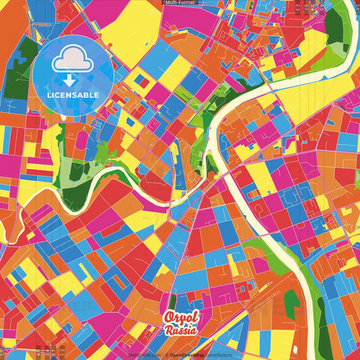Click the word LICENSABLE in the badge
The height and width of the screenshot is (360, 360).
click(72, 94)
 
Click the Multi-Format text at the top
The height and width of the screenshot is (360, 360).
click(180, 3)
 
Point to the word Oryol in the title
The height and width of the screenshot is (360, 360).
click(180, 317)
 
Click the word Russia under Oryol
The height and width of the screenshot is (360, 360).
click(181, 330)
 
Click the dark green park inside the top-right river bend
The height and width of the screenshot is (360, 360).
click(334, 27)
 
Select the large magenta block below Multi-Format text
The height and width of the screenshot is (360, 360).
click(196, 20)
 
